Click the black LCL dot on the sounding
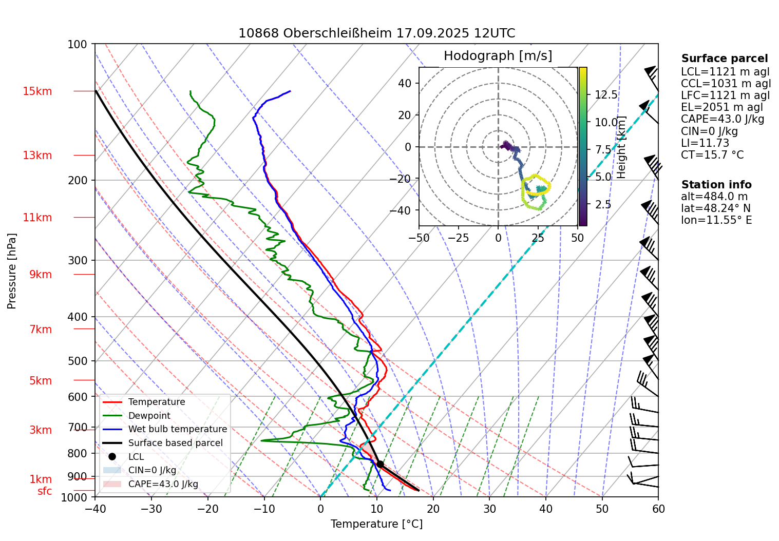(x=380, y=464)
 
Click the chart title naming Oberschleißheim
(x=376, y=33)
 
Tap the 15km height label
(x=37, y=91)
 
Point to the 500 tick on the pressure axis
(x=78, y=361)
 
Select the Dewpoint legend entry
(x=149, y=416)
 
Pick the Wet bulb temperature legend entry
(x=177, y=429)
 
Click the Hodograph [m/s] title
(x=498, y=56)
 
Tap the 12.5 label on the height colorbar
(x=606, y=95)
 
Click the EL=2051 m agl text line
(x=722, y=107)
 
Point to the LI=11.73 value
(x=705, y=143)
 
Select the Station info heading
(x=716, y=185)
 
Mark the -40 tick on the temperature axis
(x=95, y=509)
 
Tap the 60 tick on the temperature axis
(x=658, y=509)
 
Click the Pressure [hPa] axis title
(x=12, y=271)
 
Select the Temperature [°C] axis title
(x=376, y=524)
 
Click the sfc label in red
(x=45, y=491)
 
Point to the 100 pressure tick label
(x=78, y=45)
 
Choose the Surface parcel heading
(x=725, y=59)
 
